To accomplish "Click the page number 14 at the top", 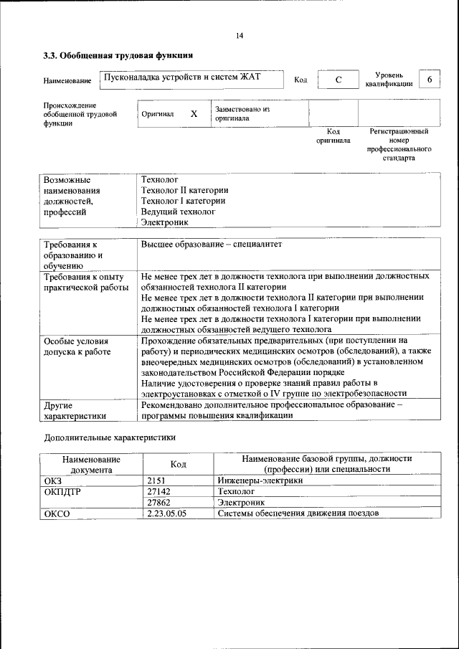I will [240, 36].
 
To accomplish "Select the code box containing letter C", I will [337, 80].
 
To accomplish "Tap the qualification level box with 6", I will [429, 79].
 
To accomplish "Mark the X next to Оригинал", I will [194, 114].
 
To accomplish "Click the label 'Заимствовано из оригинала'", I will [242, 114].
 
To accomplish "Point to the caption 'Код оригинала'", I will [333, 136].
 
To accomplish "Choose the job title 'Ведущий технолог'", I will [178, 212].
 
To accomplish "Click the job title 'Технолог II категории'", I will [184, 190].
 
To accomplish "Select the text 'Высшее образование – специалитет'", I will [212, 245].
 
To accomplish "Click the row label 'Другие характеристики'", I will [75, 409].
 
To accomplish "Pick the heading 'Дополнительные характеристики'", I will [110, 436].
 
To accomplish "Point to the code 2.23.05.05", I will [166, 514].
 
